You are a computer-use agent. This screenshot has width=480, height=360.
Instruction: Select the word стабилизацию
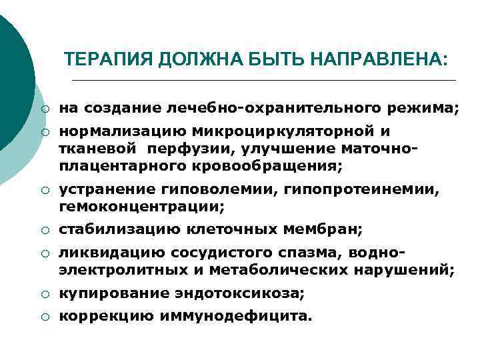[x=119, y=230]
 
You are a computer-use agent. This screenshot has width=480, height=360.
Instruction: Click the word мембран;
[x=323, y=230]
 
